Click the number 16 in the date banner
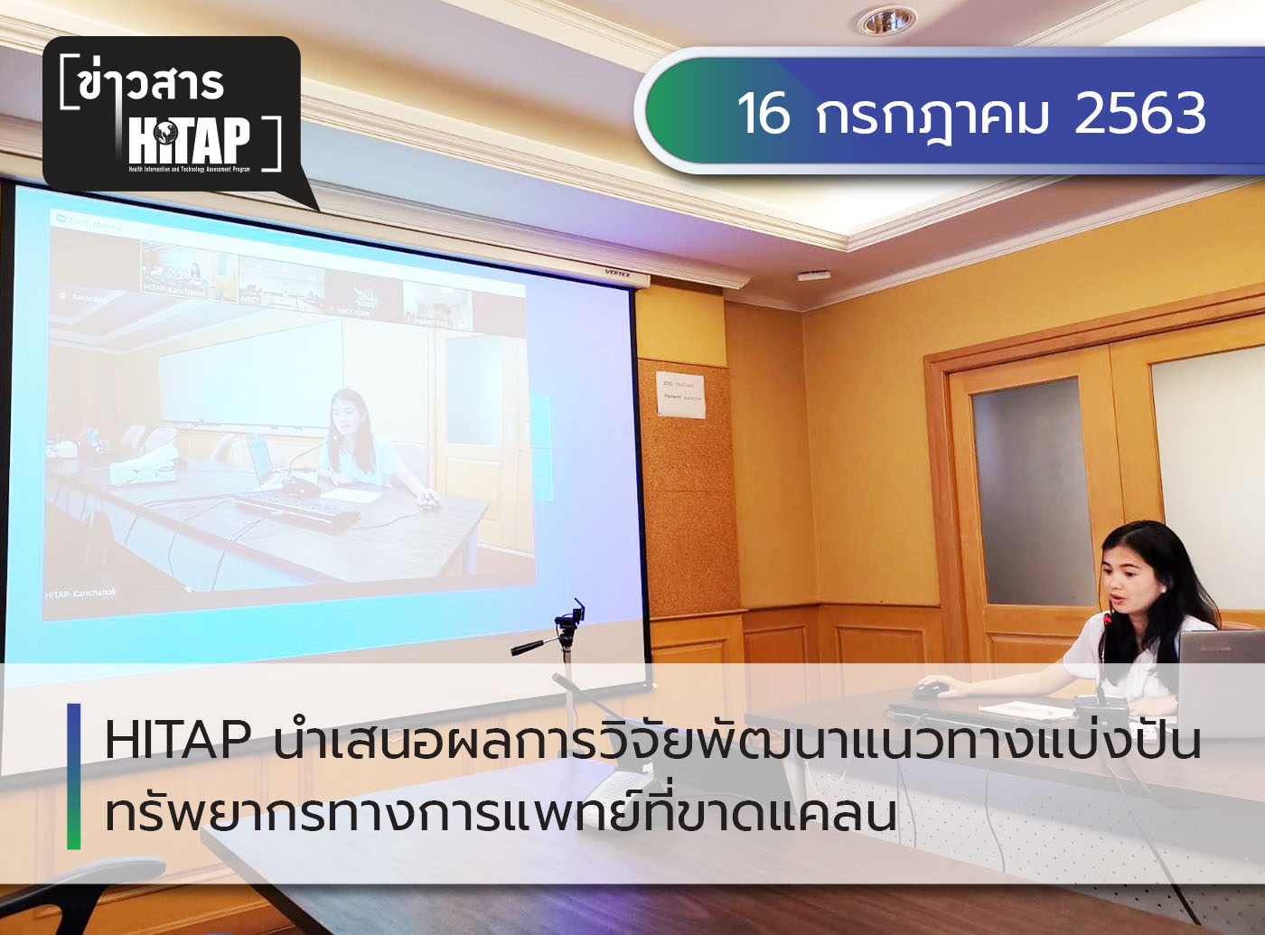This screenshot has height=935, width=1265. pyautogui.click(x=764, y=114)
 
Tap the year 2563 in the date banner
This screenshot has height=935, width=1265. pyautogui.click(x=1140, y=114)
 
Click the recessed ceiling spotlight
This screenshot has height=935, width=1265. pyautogui.click(x=885, y=21)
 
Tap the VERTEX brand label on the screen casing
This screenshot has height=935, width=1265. pyautogui.click(x=617, y=273)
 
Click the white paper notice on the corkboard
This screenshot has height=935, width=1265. pyautogui.click(x=680, y=393)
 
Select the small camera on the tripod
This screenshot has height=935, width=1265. pyautogui.click(x=569, y=619)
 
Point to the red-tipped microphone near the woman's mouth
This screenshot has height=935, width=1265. pyautogui.click(x=1109, y=619)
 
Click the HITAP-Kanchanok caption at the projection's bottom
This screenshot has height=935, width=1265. pyautogui.click(x=80, y=594)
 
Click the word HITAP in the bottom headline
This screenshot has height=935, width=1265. pyautogui.click(x=177, y=741)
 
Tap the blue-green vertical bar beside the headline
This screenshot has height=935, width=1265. pyautogui.click(x=74, y=777)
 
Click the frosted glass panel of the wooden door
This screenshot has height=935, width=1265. pyautogui.click(x=1030, y=488)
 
